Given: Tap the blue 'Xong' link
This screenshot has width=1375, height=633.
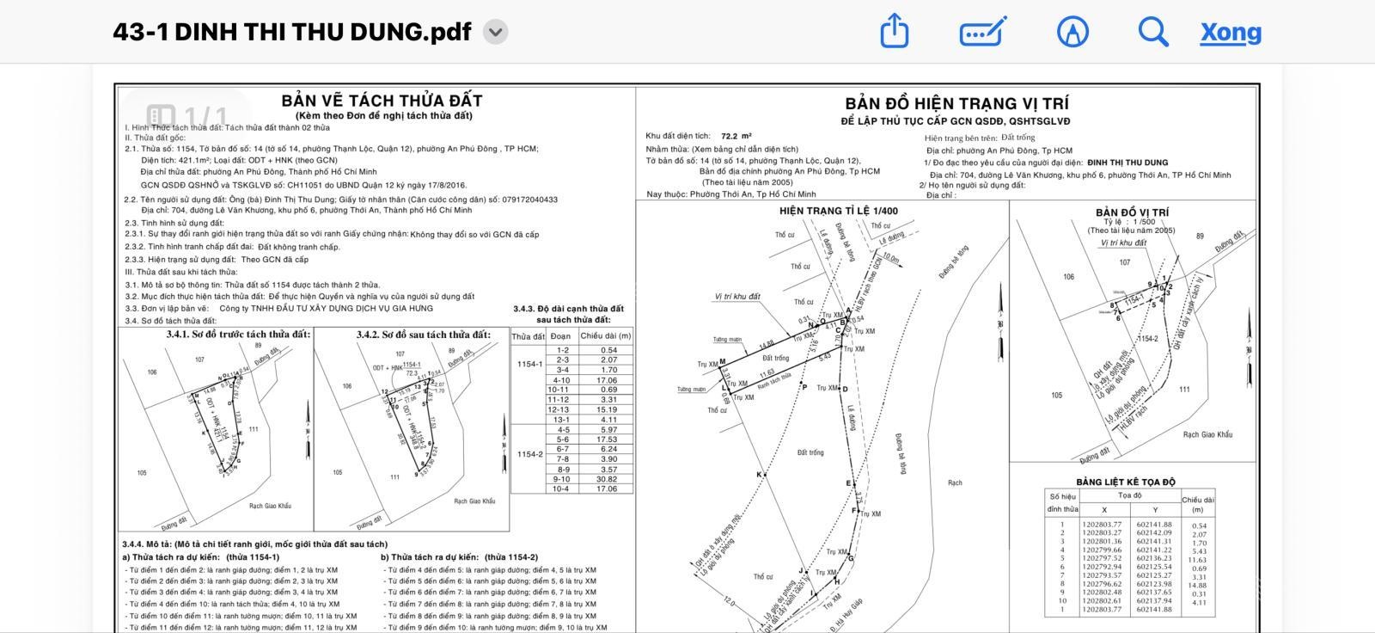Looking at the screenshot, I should (x=1231, y=33).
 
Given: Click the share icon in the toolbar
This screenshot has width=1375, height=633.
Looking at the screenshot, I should (x=895, y=32).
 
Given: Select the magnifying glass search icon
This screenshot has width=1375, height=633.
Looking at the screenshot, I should (x=1152, y=32).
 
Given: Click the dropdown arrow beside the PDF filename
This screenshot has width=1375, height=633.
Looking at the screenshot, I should (x=496, y=33).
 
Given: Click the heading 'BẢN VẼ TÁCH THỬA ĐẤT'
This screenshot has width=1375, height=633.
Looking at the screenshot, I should (x=382, y=101).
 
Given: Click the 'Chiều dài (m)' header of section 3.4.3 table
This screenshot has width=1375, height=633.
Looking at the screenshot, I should (x=606, y=336).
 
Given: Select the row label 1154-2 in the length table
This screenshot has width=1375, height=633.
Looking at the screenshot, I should (x=529, y=454).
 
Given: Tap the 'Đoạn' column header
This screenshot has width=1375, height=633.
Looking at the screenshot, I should (x=560, y=336).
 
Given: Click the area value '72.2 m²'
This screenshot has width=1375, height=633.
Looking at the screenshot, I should (x=736, y=136).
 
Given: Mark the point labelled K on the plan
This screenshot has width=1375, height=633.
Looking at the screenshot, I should (x=759, y=475).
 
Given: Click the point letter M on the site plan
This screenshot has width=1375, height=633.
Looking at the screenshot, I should (x=723, y=362).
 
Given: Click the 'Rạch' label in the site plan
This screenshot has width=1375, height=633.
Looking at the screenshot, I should (x=955, y=482).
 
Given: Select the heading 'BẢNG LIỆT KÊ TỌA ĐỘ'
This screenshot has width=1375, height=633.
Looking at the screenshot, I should (x=1126, y=482).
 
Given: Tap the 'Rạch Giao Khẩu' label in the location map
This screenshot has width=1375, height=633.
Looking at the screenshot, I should (x=1207, y=434).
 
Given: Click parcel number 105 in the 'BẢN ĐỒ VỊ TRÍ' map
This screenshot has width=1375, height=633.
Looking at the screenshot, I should (x=1056, y=396).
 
